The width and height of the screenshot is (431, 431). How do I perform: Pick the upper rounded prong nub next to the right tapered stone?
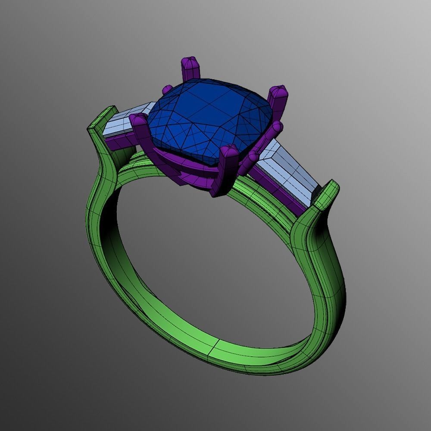coord(276,127)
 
